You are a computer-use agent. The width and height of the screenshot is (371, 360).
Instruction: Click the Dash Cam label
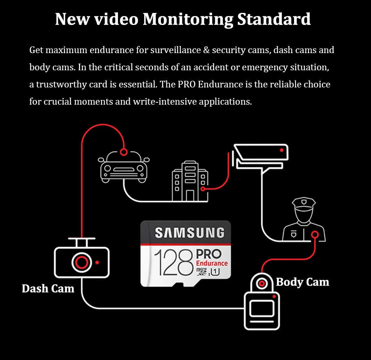tap(48, 289)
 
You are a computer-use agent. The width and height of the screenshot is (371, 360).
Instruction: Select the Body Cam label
tap(302, 282)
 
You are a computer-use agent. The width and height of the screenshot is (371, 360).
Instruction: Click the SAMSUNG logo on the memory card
tap(189, 233)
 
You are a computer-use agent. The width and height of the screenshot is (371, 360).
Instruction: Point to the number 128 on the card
tap(173, 263)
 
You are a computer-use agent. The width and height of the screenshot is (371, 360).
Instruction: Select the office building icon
tap(189, 181)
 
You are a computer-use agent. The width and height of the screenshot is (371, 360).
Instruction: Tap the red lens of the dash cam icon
tap(82, 262)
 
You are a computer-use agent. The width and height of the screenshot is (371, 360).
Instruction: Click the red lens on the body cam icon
tap(261, 283)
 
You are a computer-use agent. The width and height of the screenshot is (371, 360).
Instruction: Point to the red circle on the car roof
tap(124, 152)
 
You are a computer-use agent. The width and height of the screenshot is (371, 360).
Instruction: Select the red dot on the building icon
tap(203, 189)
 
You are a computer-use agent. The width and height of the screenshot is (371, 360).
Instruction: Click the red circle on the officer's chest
tap(315, 235)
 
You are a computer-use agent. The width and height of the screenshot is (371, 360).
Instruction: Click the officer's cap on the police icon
tap(303, 203)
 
